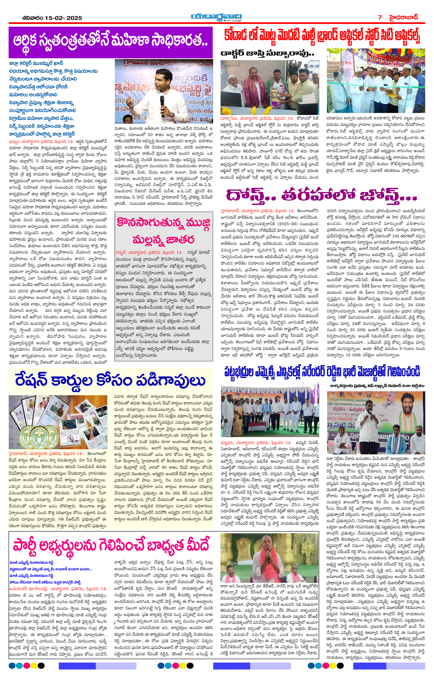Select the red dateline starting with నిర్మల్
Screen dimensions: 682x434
tap(149, 252)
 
